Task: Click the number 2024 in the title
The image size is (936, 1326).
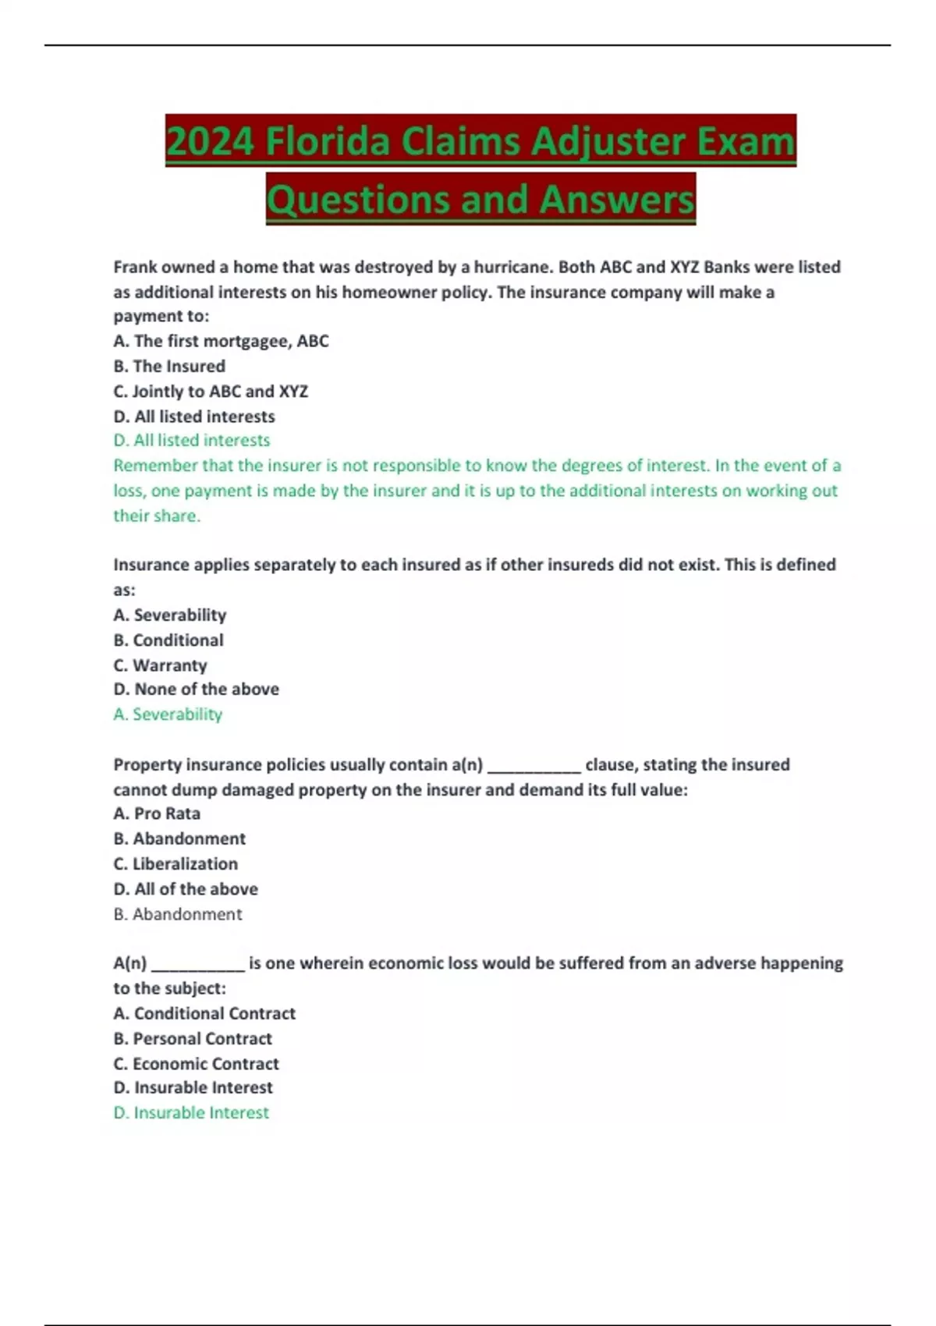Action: pos(210,142)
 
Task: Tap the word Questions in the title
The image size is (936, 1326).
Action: pos(359,200)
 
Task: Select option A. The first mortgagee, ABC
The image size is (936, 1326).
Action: pos(221,341)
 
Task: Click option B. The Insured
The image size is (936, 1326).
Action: pos(169,366)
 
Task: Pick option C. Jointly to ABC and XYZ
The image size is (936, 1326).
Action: pos(211,391)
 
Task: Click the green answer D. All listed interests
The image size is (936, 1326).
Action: pos(192,440)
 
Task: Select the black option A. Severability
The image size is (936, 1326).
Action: pos(170,615)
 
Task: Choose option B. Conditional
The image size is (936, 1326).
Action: pos(168,640)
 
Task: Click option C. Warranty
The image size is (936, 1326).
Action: pos(160,665)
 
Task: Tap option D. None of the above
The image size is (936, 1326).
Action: pos(196,689)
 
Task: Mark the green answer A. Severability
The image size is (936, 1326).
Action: pos(168,714)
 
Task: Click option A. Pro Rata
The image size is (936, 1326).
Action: pos(157,813)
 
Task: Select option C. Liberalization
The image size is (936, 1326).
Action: pos(175,863)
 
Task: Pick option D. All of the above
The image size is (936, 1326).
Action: pos(186,888)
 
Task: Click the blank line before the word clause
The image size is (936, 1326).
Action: pos(534,768)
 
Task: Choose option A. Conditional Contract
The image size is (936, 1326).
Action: pos(204,1013)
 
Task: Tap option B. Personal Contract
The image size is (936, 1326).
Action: pos(193,1038)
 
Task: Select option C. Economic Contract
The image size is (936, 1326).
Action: pos(196,1063)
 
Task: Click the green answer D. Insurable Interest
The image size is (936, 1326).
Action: pos(191,1112)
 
